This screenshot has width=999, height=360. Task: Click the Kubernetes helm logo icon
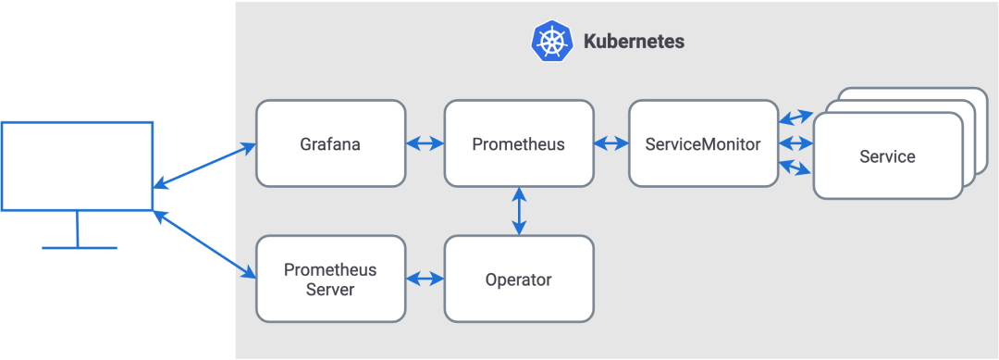(x=552, y=42)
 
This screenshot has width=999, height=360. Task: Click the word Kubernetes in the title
(x=634, y=42)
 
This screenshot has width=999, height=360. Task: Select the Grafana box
(x=330, y=143)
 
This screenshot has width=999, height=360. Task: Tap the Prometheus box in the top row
(x=518, y=143)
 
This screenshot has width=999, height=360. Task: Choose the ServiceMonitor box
(x=703, y=143)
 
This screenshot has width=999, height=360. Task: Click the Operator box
(x=518, y=279)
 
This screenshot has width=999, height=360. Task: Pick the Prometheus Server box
(x=330, y=279)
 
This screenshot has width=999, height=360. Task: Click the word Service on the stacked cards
(x=887, y=156)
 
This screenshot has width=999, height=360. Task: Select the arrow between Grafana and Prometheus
(x=425, y=143)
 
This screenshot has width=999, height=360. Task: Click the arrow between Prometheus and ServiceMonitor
(x=610, y=143)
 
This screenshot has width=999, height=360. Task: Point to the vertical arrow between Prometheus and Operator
(x=519, y=210)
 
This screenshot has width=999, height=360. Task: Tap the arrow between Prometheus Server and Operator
(x=425, y=279)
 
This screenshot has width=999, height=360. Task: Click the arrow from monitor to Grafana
(x=204, y=167)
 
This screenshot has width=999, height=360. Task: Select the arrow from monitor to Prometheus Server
(x=204, y=244)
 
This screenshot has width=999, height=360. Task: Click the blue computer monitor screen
(x=77, y=166)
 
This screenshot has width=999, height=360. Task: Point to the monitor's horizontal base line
(x=80, y=248)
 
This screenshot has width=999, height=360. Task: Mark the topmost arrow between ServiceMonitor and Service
(x=795, y=118)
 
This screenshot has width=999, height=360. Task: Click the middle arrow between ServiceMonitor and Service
(x=795, y=143)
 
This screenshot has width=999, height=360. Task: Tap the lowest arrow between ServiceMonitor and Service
(x=795, y=168)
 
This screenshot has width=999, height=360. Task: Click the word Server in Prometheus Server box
(x=330, y=289)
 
